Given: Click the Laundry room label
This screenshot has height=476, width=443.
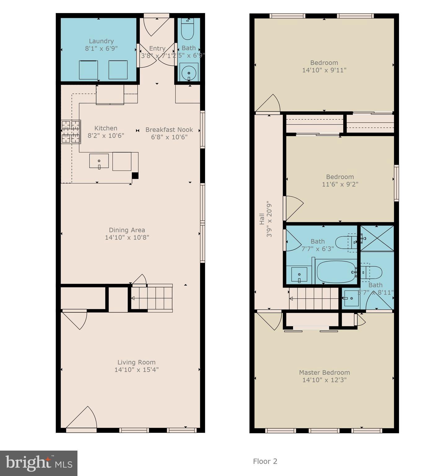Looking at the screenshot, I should [x=101, y=41].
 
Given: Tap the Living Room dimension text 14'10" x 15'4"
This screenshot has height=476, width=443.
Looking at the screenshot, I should [x=136, y=370].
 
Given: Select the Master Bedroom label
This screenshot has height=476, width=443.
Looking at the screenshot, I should [x=324, y=372].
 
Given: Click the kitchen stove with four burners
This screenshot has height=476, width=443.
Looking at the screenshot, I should [x=71, y=132].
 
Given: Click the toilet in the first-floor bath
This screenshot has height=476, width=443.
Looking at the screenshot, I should [x=187, y=29].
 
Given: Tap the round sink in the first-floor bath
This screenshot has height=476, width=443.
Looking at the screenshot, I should [x=189, y=73].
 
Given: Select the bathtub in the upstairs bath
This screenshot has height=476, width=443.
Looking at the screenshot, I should [x=336, y=272].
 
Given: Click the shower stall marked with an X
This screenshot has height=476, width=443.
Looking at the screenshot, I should [x=377, y=238].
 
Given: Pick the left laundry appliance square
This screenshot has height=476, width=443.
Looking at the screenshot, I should [x=88, y=70].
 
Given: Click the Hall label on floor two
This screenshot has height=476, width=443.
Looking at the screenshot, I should [x=262, y=219].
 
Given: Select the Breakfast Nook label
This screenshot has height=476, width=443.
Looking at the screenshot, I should [x=169, y=130].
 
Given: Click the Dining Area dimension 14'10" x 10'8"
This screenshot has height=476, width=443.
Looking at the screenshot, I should [x=127, y=238].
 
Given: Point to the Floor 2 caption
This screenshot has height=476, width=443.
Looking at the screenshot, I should [x=265, y=461].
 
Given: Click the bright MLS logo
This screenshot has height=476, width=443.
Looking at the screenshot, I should [x=39, y=463].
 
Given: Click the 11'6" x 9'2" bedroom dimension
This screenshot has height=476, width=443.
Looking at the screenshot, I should [x=340, y=184].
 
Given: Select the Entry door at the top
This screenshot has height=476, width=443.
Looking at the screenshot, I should [x=156, y=25].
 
